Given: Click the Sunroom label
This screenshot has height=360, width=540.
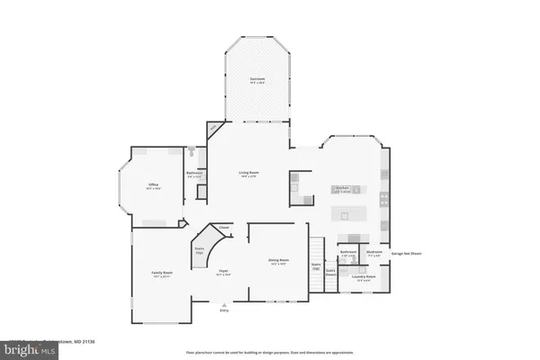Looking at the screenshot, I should (x=256, y=80).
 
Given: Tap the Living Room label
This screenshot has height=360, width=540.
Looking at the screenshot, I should (x=249, y=173).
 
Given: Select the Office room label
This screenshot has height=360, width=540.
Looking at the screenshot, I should (x=154, y=186).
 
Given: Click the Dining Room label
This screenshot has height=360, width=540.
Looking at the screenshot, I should (x=278, y=262).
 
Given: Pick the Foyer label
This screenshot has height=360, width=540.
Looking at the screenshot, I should (x=223, y=273).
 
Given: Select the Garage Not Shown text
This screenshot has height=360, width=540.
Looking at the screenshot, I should (x=406, y=254).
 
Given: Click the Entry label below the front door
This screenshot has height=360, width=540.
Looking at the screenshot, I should (x=223, y=310).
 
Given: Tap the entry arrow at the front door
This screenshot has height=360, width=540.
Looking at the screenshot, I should (x=223, y=303).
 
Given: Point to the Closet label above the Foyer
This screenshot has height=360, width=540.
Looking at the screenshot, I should (x=223, y=229).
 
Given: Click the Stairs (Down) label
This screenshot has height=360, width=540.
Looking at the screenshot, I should (x=330, y=270).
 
